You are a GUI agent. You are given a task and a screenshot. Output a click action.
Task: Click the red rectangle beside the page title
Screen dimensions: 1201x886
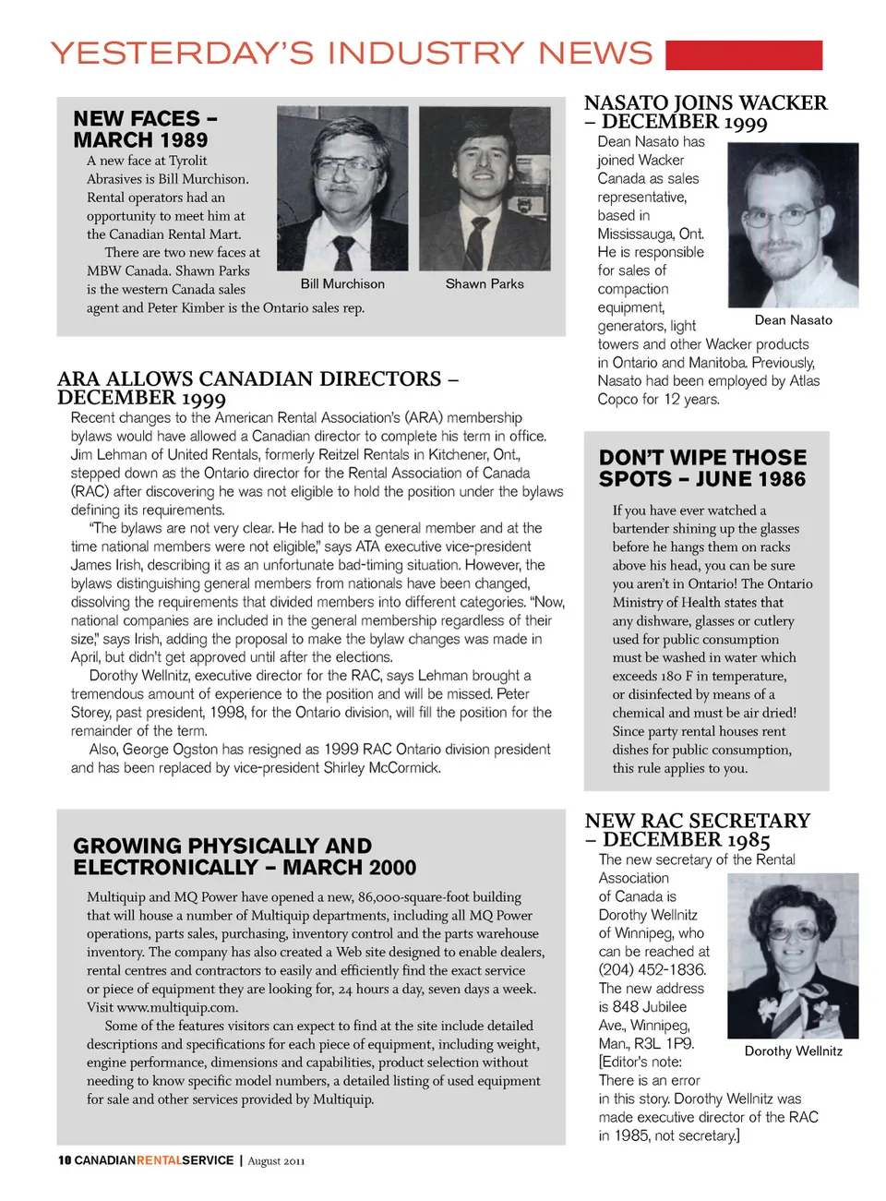[x=743, y=54]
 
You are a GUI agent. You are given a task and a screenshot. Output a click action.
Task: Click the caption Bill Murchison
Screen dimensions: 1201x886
[x=342, y=284]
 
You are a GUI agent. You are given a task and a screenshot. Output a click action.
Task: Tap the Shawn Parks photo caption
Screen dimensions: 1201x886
[x=485, y=284]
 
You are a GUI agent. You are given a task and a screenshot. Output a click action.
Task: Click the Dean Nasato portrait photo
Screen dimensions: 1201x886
[x=793, y=225]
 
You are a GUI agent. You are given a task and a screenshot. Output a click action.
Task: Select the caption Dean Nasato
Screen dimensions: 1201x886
[x=793, y=320]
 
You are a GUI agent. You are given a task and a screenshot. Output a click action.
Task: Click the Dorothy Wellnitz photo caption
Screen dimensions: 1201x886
[x=793, y=1051]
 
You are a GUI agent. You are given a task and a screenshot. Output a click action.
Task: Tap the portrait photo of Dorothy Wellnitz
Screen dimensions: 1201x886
[x=793, y=956]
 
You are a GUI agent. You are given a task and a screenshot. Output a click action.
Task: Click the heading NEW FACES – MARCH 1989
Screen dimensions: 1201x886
[x=145, y=129]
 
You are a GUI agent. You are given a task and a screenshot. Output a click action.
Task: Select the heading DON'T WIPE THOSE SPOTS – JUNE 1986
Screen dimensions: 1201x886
[x=702, y=468]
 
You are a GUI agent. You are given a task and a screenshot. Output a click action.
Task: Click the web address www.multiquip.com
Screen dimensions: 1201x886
[x=176, y=1007]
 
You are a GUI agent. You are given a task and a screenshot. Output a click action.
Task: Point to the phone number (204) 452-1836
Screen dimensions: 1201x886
[x=652, y=970]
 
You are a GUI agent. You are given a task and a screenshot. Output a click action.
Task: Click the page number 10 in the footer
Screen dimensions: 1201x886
[x=64, y=1160]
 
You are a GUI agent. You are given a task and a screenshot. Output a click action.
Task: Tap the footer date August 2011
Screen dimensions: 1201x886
[x=276, y=1161]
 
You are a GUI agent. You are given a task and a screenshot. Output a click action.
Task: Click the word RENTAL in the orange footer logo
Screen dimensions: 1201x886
[x=159, y=1160]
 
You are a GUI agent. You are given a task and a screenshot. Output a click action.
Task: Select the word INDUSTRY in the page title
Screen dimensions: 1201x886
[x=425, y=54]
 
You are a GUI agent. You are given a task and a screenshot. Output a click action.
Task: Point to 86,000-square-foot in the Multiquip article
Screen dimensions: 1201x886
[x=439, y=897]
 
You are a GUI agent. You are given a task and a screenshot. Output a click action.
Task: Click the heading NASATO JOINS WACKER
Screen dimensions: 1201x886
[x=705, y=103]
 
